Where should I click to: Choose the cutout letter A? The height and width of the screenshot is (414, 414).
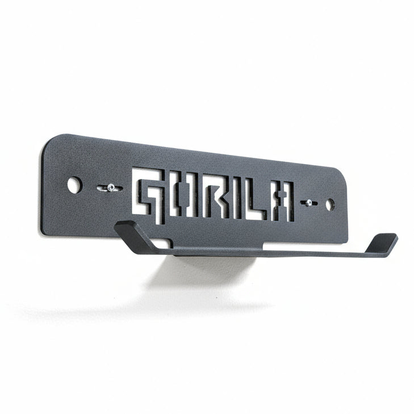pos(281,203)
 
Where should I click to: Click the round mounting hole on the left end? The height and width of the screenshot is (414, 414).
pos(74,185)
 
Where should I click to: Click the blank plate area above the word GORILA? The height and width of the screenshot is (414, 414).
pos(216,162)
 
